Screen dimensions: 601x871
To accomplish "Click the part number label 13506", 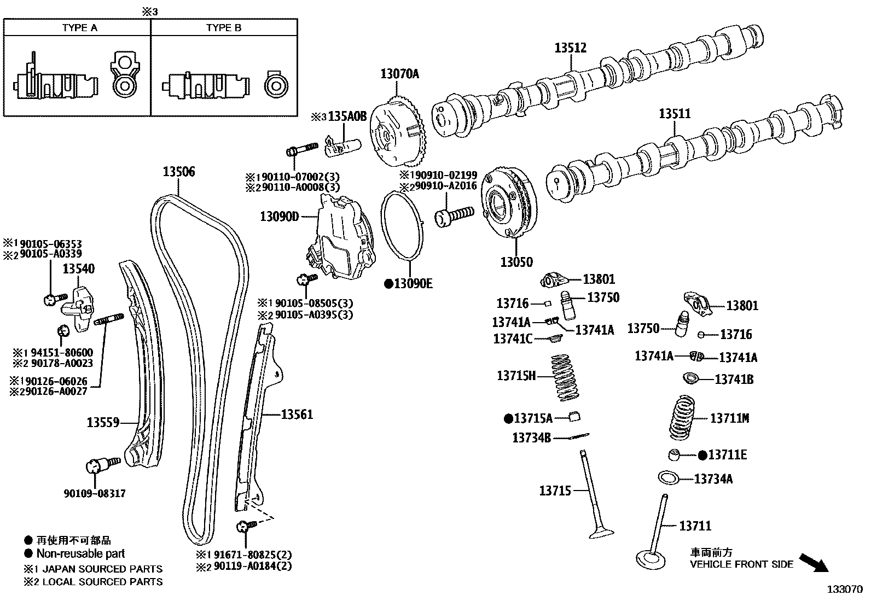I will (178, 172).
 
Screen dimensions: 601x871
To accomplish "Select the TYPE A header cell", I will (79, 28).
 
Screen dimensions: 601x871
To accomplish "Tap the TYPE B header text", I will (224, 28).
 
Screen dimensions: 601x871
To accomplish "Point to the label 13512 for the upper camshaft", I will (570, 48).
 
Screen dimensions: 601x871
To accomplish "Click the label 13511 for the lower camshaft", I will (674, 114).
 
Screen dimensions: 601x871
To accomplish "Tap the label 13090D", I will (279, 217).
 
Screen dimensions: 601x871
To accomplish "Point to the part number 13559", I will (103, 422).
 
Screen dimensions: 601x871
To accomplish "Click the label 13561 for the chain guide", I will (297, 415).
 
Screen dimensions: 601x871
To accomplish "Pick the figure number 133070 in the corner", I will (844, 590).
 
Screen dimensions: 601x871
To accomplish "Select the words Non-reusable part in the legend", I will (80, 553).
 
